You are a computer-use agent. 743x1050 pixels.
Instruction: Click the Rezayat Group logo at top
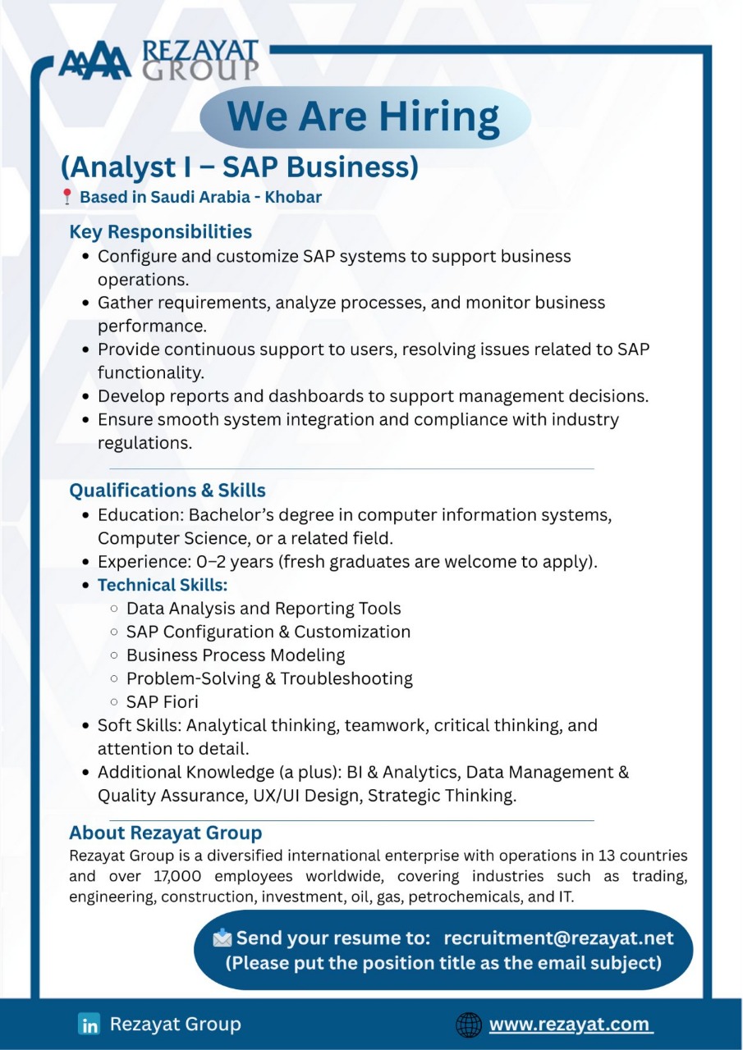158,61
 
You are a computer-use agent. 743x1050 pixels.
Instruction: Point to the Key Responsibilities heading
160,232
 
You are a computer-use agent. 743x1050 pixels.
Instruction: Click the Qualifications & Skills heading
167,491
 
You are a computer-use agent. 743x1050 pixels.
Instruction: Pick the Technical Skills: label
163,586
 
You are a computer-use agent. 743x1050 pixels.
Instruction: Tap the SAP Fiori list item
162,702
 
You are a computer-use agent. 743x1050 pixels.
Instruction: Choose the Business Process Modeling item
236,655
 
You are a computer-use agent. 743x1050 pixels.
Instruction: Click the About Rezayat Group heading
165,833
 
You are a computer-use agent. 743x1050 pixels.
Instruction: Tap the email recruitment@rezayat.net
558,938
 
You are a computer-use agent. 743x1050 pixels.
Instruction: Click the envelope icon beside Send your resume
222,938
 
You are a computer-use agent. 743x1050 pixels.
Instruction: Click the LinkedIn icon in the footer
89,1025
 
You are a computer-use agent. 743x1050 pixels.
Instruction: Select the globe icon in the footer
468,1025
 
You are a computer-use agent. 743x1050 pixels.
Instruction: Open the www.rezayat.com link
571,1025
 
